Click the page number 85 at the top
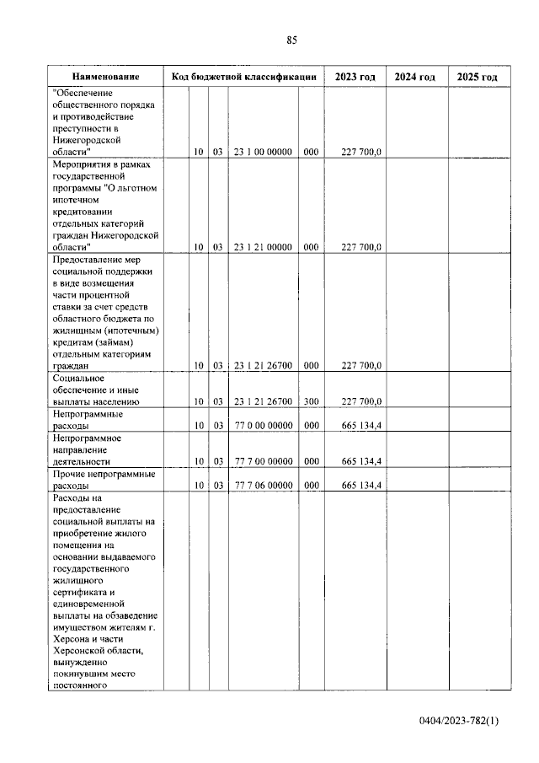pos(292,40)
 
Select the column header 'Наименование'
pos(105,78)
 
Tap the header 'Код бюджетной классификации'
pos(243,78)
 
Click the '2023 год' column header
pos(355,78)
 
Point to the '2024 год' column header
pos(415,78)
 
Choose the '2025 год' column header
pos(477,78)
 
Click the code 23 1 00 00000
pos(263,152)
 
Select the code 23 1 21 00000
pos(263,247)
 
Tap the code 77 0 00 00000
pos(263,427)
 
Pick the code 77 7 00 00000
pos(263,462)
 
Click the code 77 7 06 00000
pos(263,486)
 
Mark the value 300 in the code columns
pos(311,402)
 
